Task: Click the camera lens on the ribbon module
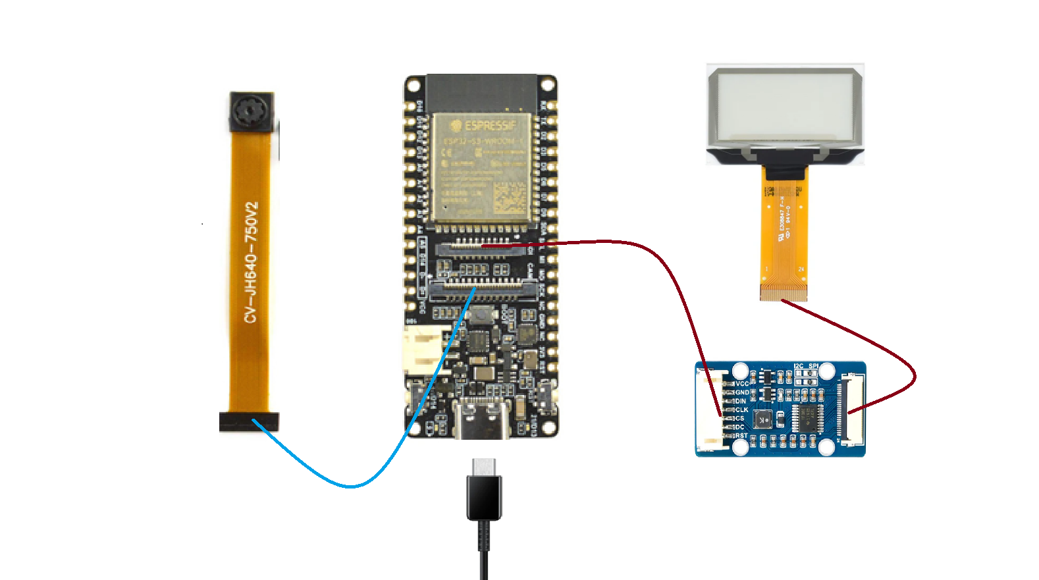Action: coord(251,111)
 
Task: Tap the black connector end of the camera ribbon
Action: coord(248,422)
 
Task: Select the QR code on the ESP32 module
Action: coord(509,198)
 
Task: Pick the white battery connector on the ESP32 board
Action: coord(421,349)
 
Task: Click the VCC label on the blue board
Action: coord(742,384)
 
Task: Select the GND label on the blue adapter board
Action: coord(742,392)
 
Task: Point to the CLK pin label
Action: coord(741,409)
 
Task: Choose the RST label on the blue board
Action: coord(741,435)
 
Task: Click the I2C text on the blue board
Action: coord(798,366)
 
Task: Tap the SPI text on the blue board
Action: coord(813,366)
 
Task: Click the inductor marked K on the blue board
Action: coord(763,419)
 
